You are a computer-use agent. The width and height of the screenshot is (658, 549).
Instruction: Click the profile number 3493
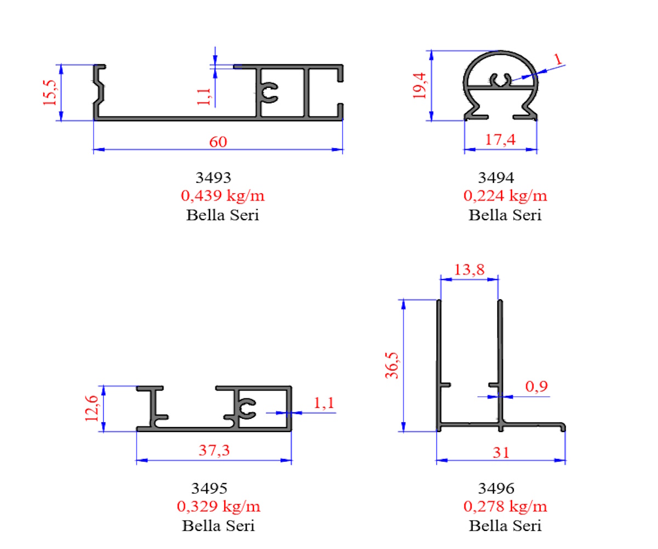[213, 178]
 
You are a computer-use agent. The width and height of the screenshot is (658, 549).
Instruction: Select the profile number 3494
[496, 178]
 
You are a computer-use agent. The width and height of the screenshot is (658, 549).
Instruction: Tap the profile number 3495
[209, 489]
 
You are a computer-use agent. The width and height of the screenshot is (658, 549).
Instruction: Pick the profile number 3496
[496, 489]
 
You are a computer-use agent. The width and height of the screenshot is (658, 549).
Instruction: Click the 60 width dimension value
[218, 142]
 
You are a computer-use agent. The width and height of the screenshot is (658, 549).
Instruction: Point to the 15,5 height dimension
[50, 93]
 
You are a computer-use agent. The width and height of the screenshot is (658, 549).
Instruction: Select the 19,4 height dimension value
[420, 86]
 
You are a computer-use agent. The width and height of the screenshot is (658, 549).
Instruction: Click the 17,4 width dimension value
[500, 140]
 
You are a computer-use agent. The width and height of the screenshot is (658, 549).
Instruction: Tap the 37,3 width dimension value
[214, 450]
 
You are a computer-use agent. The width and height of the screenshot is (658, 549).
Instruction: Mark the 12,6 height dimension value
[92, 408]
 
